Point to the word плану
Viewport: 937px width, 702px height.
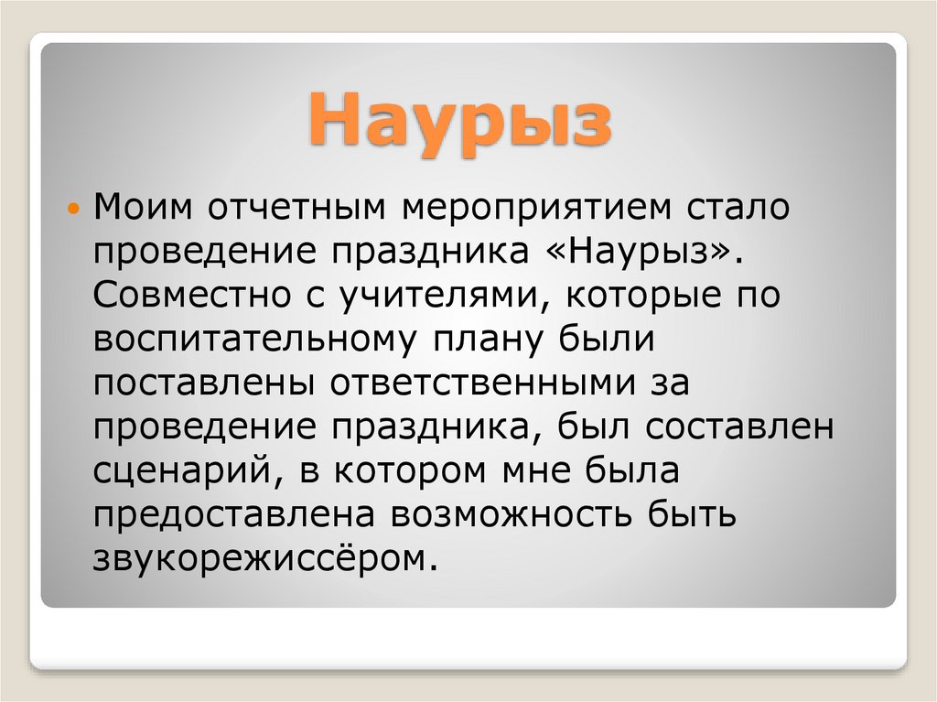coord(486,340)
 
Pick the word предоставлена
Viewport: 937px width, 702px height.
coord(241,515)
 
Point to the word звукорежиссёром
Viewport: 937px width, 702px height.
coord(260,558)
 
